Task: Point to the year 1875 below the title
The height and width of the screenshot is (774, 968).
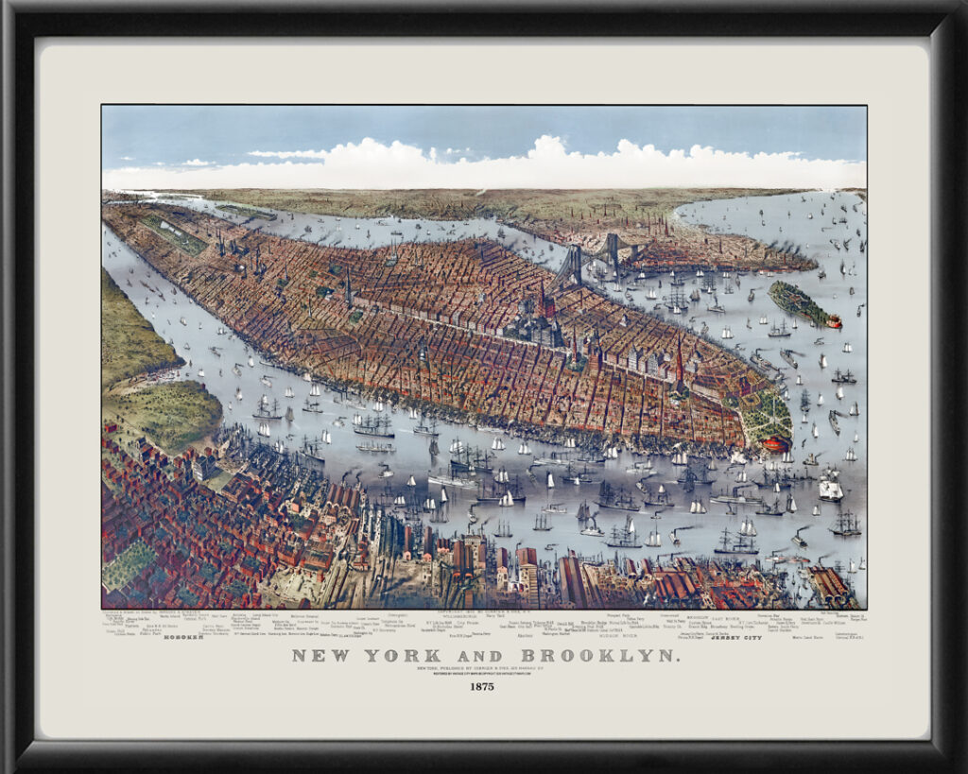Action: [483, 687]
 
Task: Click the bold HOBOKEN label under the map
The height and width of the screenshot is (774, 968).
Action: [183, 637]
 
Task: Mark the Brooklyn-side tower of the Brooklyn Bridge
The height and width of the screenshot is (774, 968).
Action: [613, 249]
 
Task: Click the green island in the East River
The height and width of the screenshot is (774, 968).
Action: [798, 301]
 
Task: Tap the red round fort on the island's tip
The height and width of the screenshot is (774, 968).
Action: [833, 321]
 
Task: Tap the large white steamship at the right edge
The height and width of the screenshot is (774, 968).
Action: [830, 488]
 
